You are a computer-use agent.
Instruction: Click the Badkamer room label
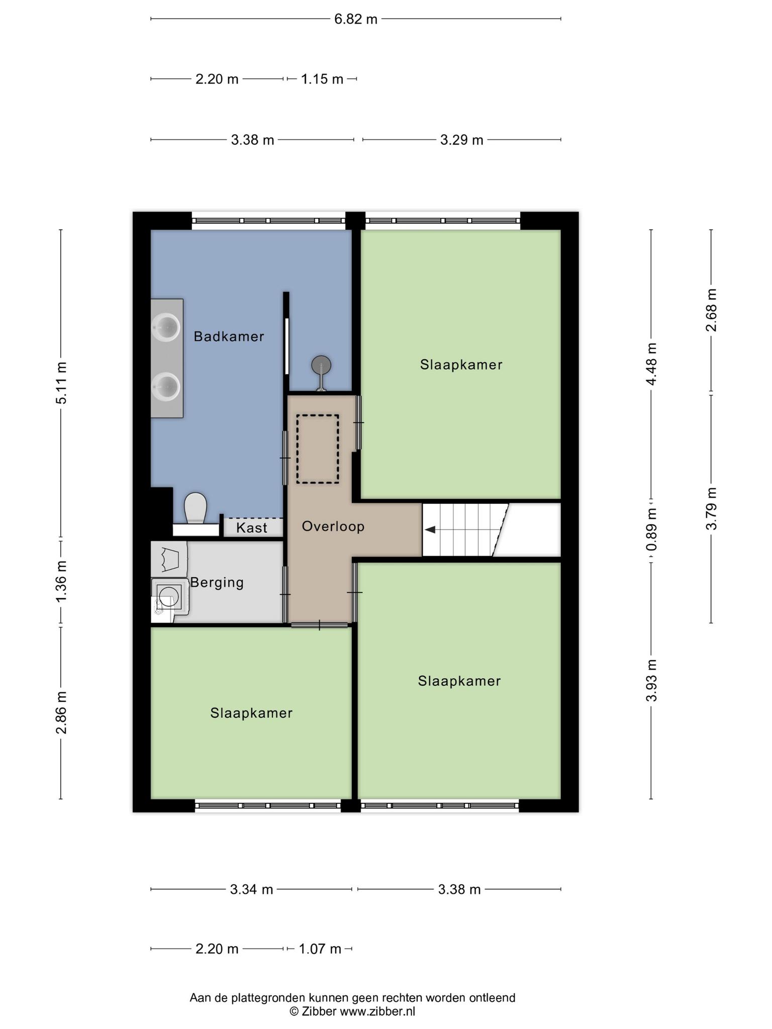tap(229, 337)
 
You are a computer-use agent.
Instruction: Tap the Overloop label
tap(333, 527)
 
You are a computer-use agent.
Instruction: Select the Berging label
tap(217, 583)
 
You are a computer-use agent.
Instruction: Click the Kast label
tap(251, 528)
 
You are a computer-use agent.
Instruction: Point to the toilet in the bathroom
tap(196, 508)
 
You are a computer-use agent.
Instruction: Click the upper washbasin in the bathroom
tap(166, 328)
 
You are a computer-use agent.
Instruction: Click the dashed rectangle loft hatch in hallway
tap(317, 449)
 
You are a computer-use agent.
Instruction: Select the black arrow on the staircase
tap(430, 530)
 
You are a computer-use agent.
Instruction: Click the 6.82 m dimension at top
tap(355, 20)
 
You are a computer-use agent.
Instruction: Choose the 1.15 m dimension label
tap(322, 79)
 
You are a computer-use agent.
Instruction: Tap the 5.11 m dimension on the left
tap(61, 383)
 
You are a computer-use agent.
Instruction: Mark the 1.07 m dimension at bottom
tap(320, 949)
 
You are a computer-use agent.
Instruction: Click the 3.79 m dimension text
tap(711, 508)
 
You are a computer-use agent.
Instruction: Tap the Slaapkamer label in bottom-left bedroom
tap(251, 713)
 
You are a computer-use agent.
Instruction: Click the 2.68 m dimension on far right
tap(711, 310)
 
